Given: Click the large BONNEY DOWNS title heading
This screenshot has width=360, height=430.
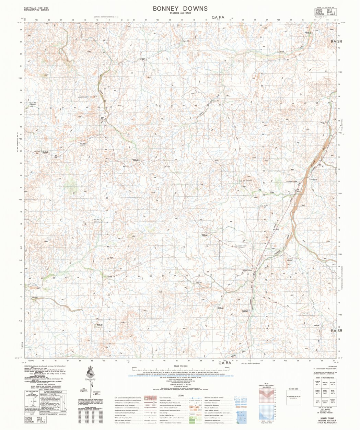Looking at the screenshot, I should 180,8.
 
